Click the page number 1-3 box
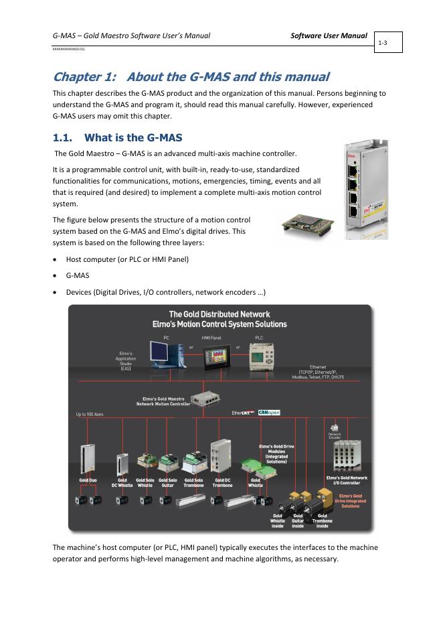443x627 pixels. click(384, 42)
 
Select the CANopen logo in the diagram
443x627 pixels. click(269, 413)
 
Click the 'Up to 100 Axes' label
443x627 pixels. click(90, 415)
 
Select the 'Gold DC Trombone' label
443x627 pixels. click(223, 483)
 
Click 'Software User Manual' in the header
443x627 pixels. click(329, 35)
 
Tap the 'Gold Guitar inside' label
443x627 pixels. click(298, 520)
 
